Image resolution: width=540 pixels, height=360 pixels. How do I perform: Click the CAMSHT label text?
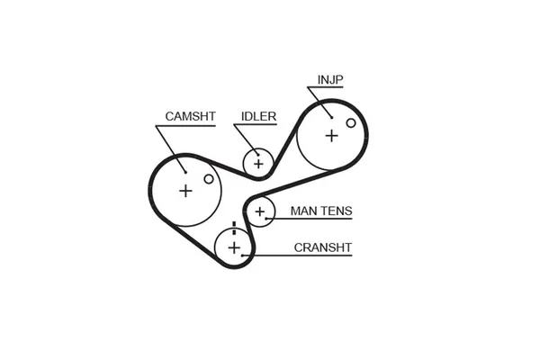(x=189, y=116)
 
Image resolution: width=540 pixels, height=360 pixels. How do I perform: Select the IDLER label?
(x=258, y=116)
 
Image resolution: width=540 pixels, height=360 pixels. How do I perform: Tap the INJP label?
(x=330, y=79)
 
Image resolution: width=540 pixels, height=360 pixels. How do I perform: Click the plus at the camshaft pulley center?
(x=186, y=190)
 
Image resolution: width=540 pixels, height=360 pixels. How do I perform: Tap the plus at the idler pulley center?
(x=259, y=163)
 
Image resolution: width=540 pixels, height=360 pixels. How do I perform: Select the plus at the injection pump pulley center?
(x=331, y=135)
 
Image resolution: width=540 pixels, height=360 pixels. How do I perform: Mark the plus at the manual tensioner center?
(x=261, y=211)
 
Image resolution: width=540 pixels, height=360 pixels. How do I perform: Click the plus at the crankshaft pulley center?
(x=234, y=247)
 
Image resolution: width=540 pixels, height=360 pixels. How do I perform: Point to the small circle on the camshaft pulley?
(x=209, y=179)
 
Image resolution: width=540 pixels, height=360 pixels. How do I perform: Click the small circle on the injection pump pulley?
(x=347, y=120)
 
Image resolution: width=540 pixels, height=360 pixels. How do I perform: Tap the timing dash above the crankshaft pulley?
(x=234, y=225)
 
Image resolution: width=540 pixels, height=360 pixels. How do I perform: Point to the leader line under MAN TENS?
(x=310, y=220)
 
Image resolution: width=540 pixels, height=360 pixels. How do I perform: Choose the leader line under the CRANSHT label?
(x=297, y=255)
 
